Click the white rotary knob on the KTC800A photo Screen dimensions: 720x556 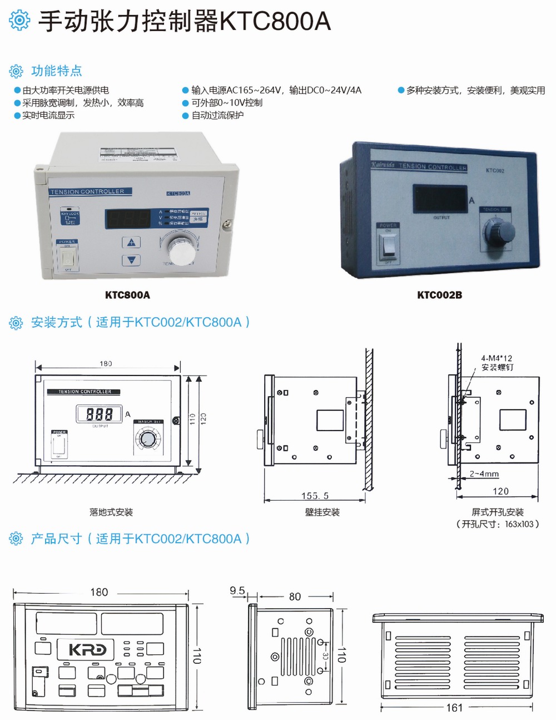tap(180, 251)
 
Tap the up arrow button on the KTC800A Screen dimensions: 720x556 tap(131, 242)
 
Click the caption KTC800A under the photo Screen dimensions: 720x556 tap(127, 295)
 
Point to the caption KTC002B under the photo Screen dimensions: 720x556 tap(439, 295)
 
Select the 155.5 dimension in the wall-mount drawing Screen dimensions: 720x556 tap(315, 495)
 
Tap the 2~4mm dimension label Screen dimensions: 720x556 tap(484, 474)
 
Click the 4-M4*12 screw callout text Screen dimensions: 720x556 tap(497, 358)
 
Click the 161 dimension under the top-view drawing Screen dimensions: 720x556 tap(454, 708)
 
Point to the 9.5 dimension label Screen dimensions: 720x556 tap(237, 590)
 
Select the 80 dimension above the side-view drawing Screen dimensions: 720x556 tap(295, 596)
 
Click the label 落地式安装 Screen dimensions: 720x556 tap(111, 512)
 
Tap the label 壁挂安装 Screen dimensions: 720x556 tap(322, 512)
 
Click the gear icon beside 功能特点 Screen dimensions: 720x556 tap(16, 71)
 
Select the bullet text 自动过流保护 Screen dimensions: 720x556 tap(217, 115)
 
